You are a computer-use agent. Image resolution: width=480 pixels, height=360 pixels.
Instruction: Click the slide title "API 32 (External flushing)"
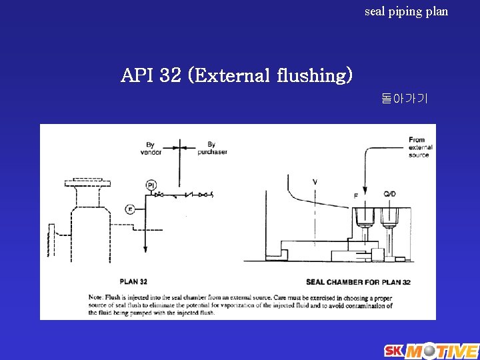click(x=237, y=75)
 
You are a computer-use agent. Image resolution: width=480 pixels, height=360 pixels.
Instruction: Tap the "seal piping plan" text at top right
click(x=406, y=11)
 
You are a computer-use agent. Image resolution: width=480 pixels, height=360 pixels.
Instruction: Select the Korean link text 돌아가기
click(x=405, y=99)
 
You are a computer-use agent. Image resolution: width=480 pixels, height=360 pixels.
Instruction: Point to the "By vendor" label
click(x=151, y=147)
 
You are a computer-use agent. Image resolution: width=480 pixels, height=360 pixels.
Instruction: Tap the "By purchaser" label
click(x=212, y=147)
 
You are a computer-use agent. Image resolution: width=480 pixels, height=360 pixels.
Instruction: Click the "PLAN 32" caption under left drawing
click(x=133, y=281)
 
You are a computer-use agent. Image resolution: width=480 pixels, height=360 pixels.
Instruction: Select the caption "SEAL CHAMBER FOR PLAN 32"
click(x=358, y=282)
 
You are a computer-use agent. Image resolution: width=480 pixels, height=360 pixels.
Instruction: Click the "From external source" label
click(x=420, y=147)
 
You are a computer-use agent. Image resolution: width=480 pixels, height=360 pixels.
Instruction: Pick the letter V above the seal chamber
click(x=315, y=181)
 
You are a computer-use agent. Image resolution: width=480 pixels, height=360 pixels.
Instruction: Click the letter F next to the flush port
click(x=355, y=195)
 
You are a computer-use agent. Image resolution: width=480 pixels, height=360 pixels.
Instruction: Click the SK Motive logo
click(x=430, y=350)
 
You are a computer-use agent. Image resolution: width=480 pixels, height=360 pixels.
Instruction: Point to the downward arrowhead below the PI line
click(x=145, y=247)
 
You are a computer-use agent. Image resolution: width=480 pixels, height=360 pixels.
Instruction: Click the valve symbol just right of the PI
click(x=160, y=195)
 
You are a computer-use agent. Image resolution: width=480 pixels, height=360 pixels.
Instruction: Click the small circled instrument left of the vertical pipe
click(x=131, y=209)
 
